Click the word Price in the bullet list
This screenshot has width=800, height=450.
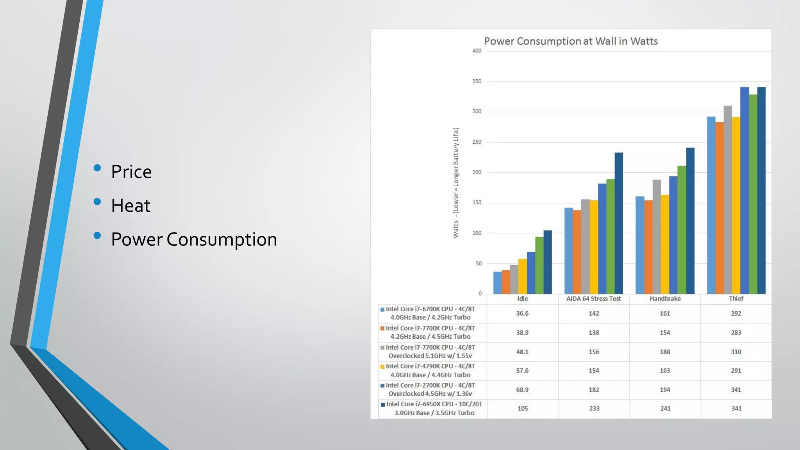tap(131, 172)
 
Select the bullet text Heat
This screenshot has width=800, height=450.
tap(130, 206)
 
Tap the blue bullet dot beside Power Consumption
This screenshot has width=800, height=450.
tap(97, 236)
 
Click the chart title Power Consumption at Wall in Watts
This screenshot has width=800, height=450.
tap(571, 41)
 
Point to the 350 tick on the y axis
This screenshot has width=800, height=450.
tap(477, 81)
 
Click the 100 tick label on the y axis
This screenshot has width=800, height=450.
tap(477, 233)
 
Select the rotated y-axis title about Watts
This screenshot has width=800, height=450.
tap(455, 183)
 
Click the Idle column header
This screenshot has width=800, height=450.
tap(522, 299)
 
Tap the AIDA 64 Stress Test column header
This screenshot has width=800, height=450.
tap(593, 299)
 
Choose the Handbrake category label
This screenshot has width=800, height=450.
tap(665, 299)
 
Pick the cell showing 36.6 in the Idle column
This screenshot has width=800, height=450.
tap(522, 314)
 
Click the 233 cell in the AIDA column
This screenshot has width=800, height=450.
tap(594, 409)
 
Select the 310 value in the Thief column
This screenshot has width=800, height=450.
tap(736, 352)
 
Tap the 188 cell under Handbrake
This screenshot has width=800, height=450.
tap(665, 352)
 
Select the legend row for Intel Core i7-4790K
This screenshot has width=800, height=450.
tap(430, 371)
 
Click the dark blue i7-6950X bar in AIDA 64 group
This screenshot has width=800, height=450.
tap(618, 223)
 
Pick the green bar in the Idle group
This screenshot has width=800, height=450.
tap(539, 266)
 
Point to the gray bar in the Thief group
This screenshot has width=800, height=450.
tap(727, 199)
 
